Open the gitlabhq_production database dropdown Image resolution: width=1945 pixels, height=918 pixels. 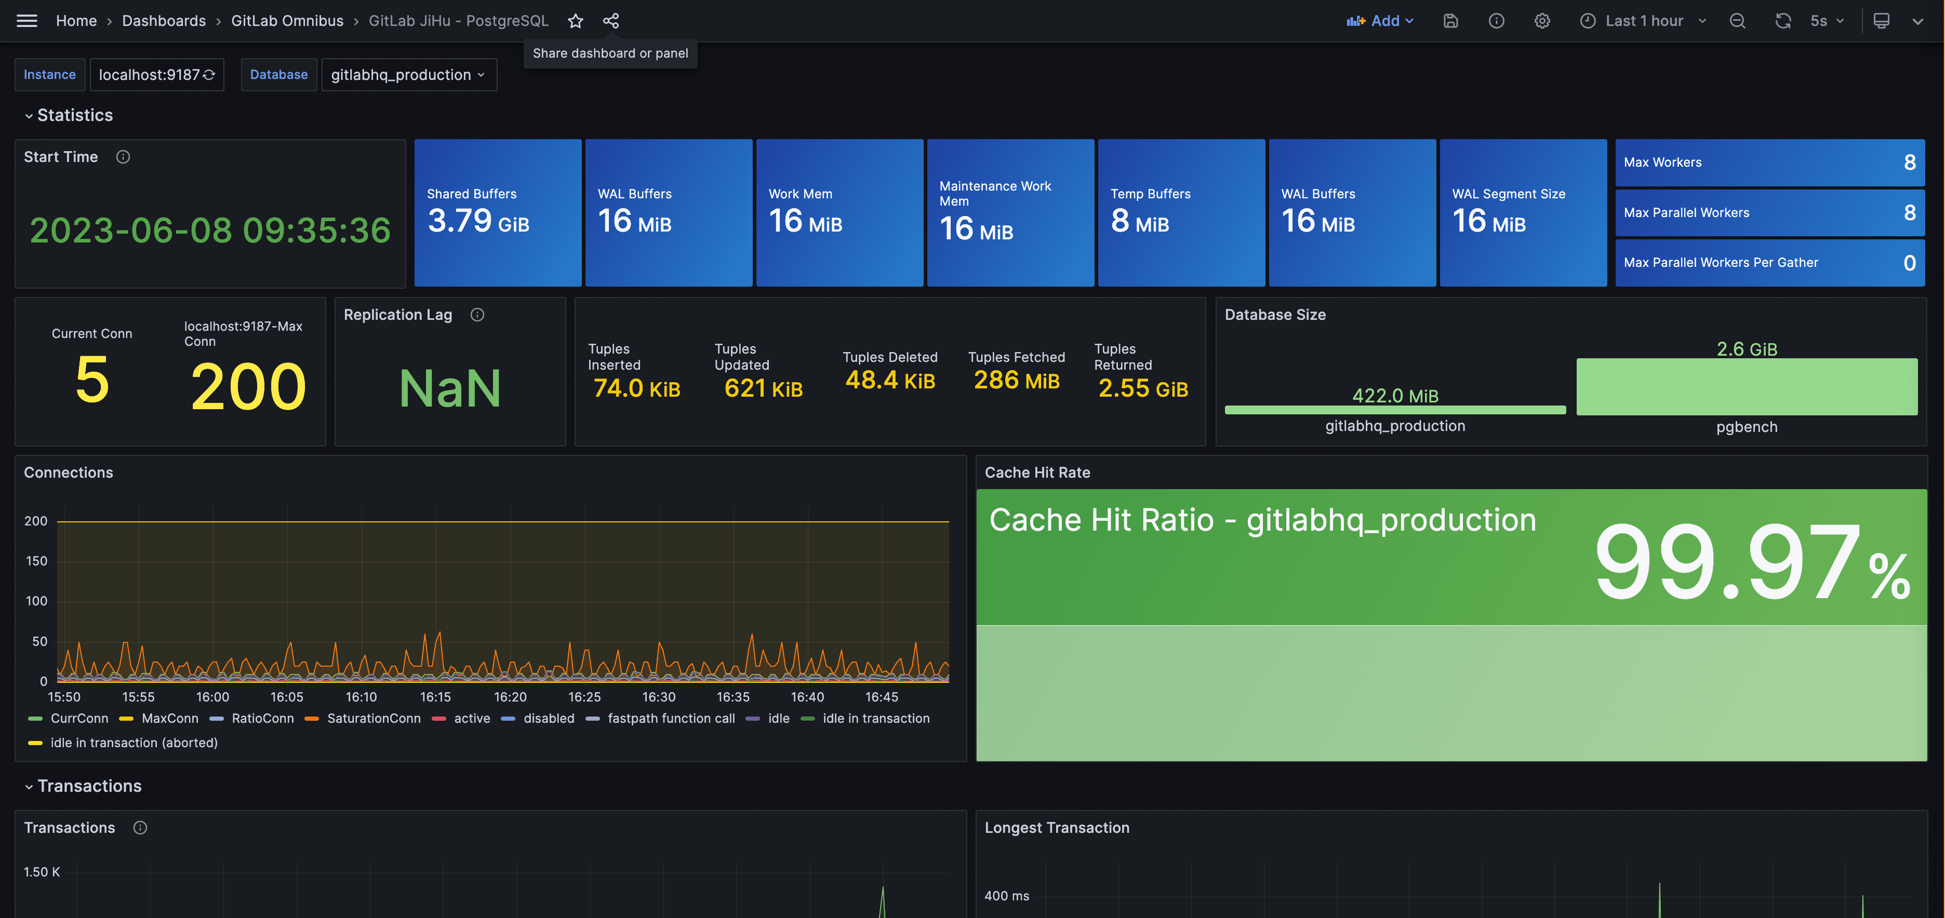pyautogui.click(x=408, y=75)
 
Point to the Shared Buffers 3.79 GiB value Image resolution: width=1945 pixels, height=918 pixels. pyautogui.click(x=478, y=221)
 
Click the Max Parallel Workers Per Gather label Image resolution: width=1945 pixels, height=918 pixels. pyautogui.click(x=1721, y=263)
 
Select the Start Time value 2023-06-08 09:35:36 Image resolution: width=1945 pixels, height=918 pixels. pyautogui.click(x=210, y=230)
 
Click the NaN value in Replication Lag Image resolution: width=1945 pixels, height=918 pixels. pyautogui.click(x=450, y=388)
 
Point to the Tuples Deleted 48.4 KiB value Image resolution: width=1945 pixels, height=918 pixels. pyautogui.click(x=890, y=380)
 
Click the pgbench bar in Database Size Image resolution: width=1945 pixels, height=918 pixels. pyautogui.click(x=1747, y=386)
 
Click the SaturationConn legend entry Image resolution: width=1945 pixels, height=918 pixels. pyautogui.click(x=363, y=719)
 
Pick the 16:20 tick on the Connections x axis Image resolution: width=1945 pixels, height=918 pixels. pyautogui.click(x=511, y=697)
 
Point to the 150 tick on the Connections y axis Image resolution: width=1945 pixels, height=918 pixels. pyautogui.click(x=36, y=561)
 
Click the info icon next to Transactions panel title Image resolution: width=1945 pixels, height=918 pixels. pyautogui.click(x=140, y=828)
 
